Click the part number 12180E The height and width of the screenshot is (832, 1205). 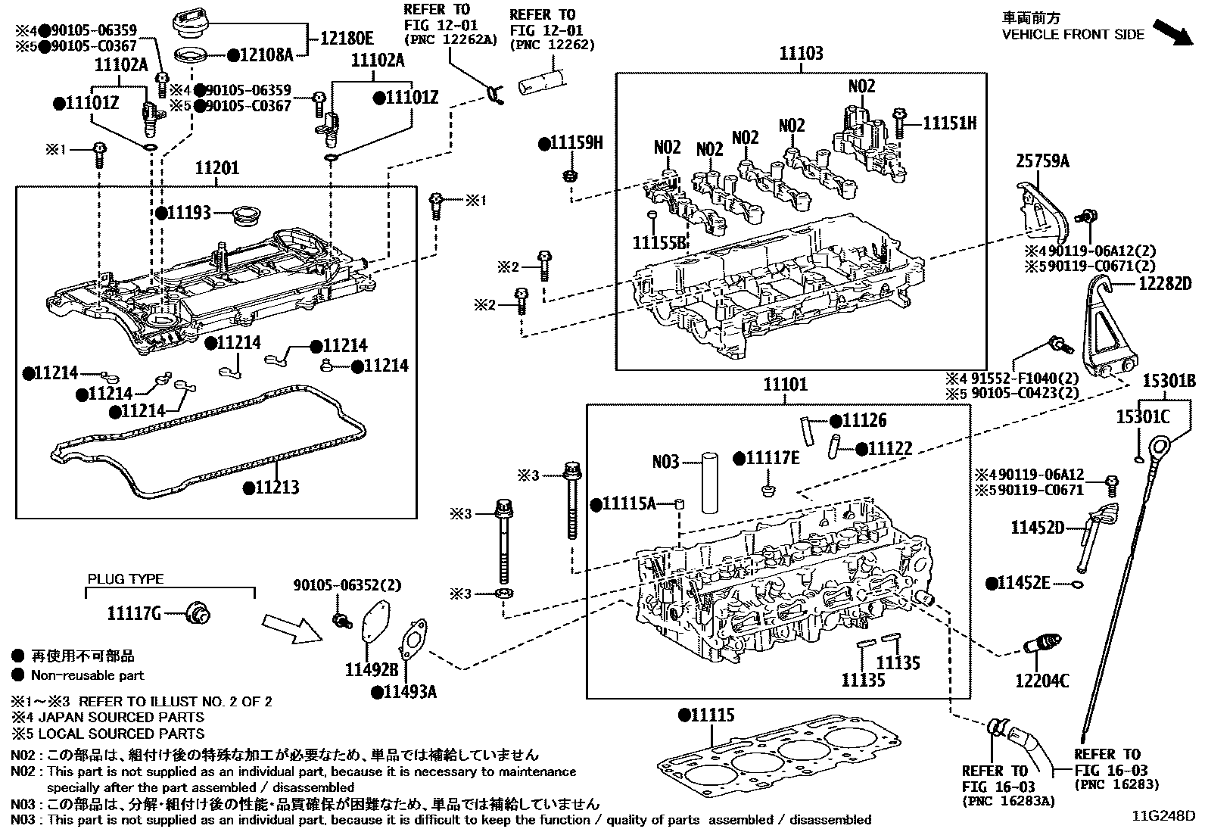tap(347, 38)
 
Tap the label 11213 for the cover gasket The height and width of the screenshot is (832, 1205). tap(276, 488)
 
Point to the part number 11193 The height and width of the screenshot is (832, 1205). tap(188, 213)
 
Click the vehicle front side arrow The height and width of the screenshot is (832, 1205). tap(1176, 34)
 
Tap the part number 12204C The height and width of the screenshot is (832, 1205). tap(1042, 681)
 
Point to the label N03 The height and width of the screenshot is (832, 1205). tap(666, 461)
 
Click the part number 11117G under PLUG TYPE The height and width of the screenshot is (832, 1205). tap(134, 613)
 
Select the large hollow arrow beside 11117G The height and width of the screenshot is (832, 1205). tap(291, 628)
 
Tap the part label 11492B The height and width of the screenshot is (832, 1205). tap(372, 670)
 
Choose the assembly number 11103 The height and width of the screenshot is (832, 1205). tap(802, 54)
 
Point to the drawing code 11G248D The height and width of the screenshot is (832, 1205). tap(1163, 817)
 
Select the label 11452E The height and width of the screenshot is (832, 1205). tap(1023, 583)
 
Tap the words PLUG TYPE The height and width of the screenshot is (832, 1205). tap(125, 579)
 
